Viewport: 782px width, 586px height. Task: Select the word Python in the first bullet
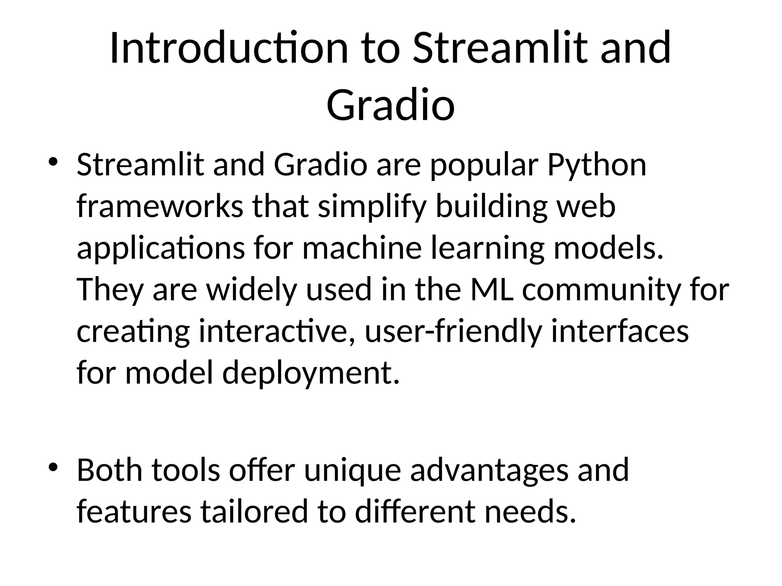[x=597, y=166]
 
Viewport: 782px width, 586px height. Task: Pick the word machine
[x=362, y=248]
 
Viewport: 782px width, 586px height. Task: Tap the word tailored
[x=254, y=512]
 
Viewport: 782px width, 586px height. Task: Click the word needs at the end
[x=530, y=512]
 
